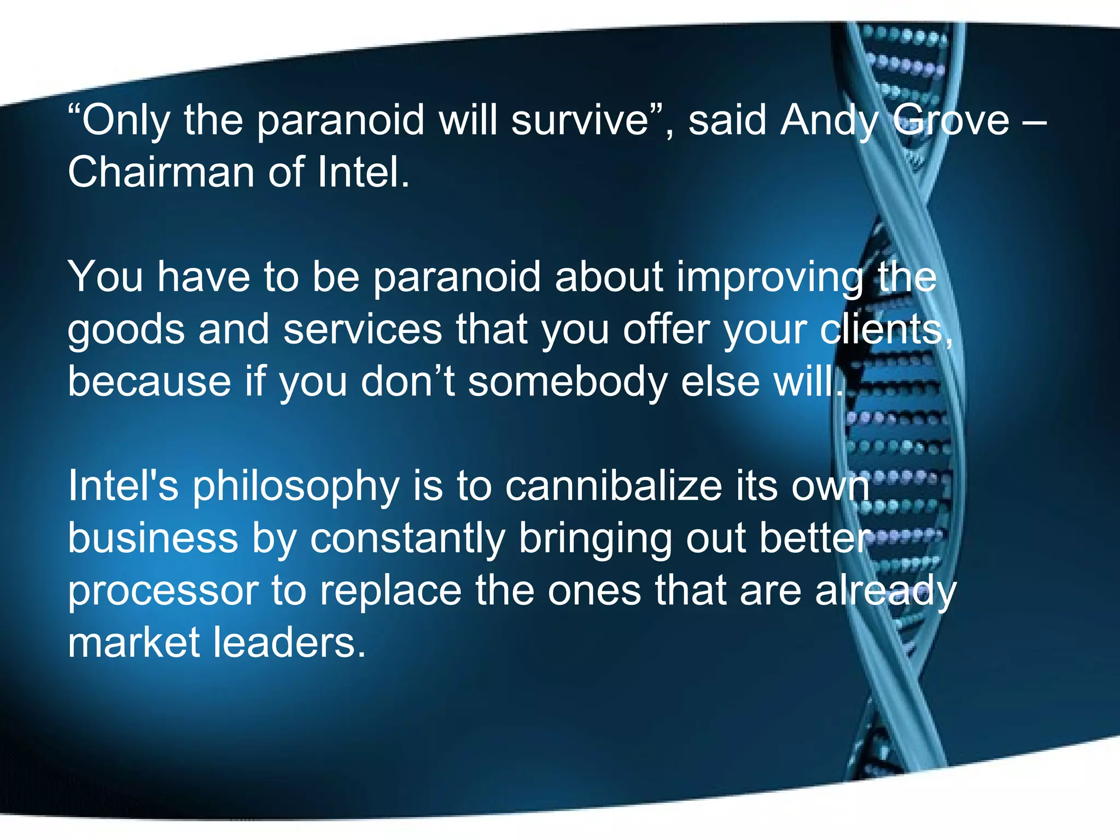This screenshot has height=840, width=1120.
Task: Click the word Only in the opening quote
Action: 125,120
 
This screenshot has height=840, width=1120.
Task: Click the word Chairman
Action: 161,172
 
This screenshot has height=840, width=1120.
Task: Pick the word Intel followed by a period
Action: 364,172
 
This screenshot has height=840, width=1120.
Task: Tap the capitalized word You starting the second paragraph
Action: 105,277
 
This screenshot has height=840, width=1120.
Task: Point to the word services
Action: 363,329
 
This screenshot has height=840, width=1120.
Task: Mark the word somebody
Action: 568,381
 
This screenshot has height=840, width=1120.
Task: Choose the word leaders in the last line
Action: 289,642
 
